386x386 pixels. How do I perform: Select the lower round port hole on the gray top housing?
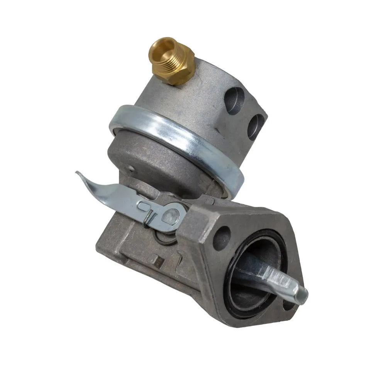[x=256, y=126]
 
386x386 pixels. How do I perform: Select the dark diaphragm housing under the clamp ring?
[x=154, y=154]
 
